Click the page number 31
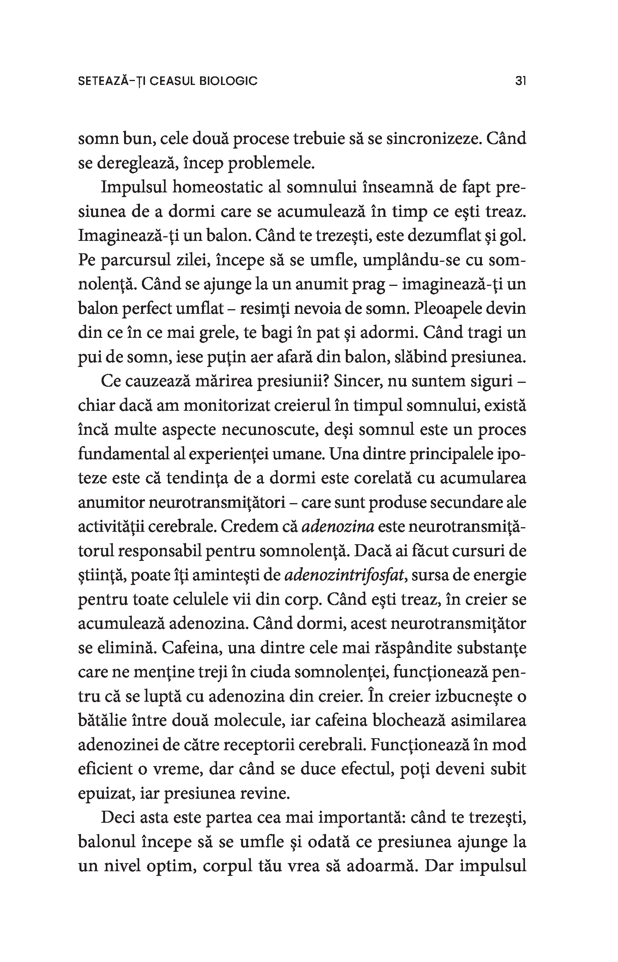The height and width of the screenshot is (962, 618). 520,81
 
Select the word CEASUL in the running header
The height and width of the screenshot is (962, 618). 173,81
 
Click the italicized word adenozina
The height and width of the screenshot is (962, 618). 337,527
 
